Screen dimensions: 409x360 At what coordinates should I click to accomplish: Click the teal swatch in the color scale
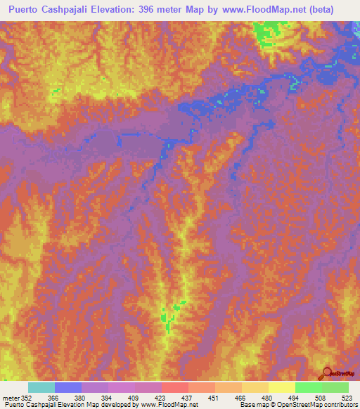coord(41,387)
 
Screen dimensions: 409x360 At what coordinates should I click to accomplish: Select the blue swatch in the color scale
coord(68,387)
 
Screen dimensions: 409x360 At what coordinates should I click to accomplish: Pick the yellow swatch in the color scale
coord(282,387)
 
